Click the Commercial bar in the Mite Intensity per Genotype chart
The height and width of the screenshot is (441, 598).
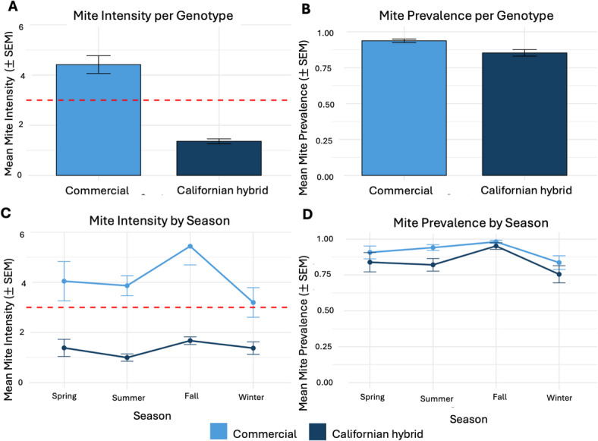coord(99,120)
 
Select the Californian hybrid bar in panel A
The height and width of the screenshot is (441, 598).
coord(219,159)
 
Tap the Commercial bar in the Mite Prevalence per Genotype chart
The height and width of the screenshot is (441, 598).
coord(404,108)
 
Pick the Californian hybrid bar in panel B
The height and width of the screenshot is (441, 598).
coord(524,114)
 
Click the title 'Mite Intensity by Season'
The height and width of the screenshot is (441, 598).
coord(159,221)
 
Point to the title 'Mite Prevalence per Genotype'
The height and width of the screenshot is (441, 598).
coord(466,16)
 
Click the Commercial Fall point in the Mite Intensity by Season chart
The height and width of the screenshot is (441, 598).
coord(190,247)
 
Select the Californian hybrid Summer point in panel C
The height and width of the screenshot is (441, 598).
coord(127,358)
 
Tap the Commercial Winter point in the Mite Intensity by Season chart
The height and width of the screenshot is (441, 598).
coord(253,303)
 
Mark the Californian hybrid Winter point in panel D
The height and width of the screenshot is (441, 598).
coord(559,274)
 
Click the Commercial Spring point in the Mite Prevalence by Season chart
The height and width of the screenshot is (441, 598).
coord(370,252)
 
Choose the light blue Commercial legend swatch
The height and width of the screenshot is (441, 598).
coord(219,431)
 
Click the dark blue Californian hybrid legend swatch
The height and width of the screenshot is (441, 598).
coord(318,431)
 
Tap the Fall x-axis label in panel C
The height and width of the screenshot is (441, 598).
coord(191,396)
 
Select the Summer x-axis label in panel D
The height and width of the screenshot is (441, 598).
coord(436,398)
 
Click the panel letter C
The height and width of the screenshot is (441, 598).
coord(7,213)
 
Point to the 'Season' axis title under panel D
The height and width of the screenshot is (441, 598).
coord(468,419)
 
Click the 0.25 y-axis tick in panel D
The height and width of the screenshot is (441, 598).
coord(325,346)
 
